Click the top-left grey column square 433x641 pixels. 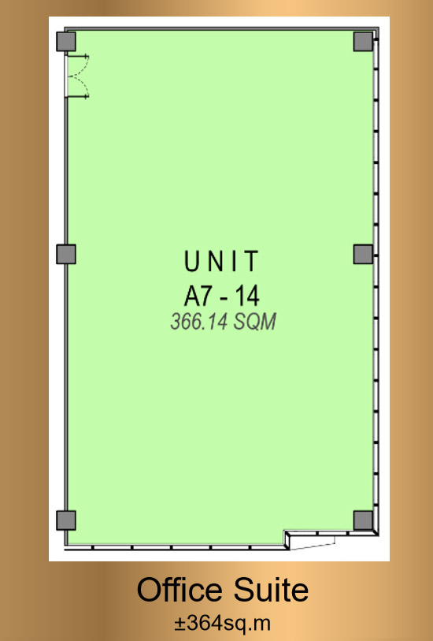pos(66,41)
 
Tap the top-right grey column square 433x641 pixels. pos(363,41)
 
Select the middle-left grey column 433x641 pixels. pos(66,254)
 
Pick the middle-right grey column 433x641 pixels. pos(363,254)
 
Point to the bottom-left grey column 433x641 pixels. pos(66,520)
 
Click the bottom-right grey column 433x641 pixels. pos(363,520)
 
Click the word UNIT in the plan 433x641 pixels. pos(221,261)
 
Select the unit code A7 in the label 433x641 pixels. pos(198,296)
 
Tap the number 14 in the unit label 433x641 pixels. pos(246,296)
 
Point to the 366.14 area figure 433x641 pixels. pos(198,322)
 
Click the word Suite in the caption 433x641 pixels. pos(271,589)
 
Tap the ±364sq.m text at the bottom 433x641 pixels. pos(223,624)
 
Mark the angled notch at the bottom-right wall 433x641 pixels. pos(310,540)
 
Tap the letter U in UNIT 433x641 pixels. pos(191,261)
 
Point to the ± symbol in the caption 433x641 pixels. pos(180,624)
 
